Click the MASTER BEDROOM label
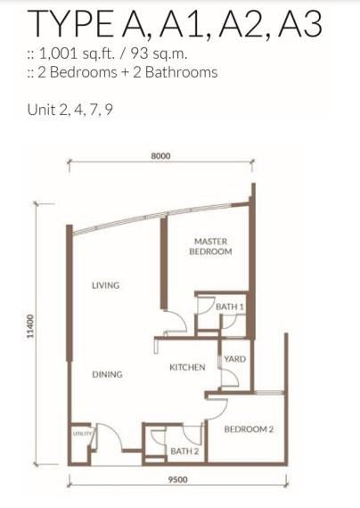[210, 247]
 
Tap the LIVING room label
[106, 285]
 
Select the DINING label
[107, 374]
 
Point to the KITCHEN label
[187, 367]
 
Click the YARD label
[235, 359]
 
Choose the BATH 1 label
[229, 307]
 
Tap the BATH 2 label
[184, 451]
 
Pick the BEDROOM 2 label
[249, 430]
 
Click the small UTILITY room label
[82, 433]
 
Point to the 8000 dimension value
[160, 156]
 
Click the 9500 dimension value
[178, 479]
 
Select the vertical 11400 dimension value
[29, 326]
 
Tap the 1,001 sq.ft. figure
[77, 53]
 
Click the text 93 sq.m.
[160, 53]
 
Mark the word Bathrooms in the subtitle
[181, 72]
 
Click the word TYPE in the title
[70, 24]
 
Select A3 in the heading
[300, 24]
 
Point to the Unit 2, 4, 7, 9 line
[70, 110]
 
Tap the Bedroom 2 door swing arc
[222, 411]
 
